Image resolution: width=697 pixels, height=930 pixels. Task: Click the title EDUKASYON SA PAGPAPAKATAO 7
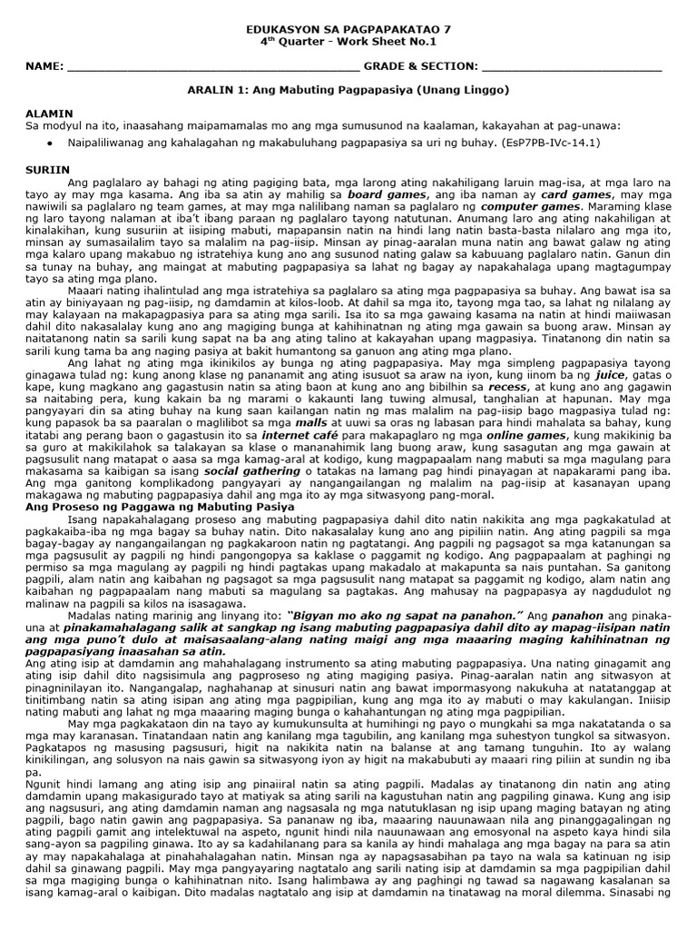pyautogui.click(x=348, y=29)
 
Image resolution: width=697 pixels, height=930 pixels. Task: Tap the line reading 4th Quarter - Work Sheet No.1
pyautogui.click(x=348, y=42)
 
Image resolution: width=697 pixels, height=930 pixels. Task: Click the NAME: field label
pyautogui.click(x=44, y=66)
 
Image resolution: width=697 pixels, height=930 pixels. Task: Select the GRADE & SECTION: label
pyautogui.click(x=420, y=66)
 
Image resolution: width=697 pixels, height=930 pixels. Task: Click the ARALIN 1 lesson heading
pyautogui.click(x=348, y=90)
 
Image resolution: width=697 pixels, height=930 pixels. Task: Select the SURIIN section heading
pyautogui.click(x=46, y=169)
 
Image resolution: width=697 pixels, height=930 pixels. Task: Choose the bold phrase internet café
pyautogui.click(x=293, y=436)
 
